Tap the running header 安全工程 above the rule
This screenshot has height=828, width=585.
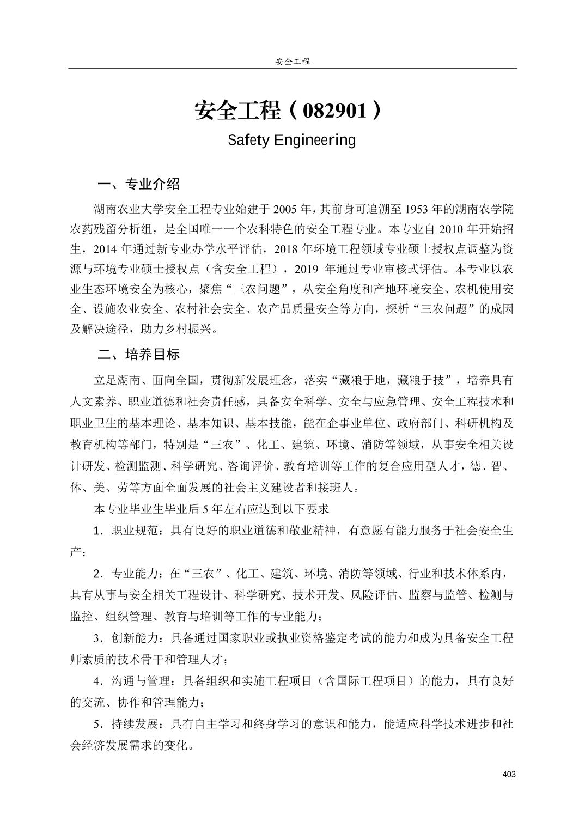pyautogui.click(x=292, y=62)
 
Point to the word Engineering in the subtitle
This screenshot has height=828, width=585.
pyautogui.click(x=314, y=141)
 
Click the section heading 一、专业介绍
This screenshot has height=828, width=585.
pyautogui.click(x=138, y=184)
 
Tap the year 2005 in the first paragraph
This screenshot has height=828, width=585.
pyautogui.click(x=285, y=209)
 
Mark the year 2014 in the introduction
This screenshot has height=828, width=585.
pyautogui.click(x=105, y=249)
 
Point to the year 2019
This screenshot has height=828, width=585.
pyautogui.click(x=308, y=269)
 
